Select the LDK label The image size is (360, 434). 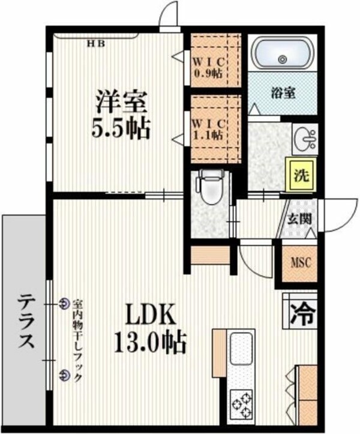tap(149, 316)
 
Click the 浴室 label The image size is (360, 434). tap(283, 94)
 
